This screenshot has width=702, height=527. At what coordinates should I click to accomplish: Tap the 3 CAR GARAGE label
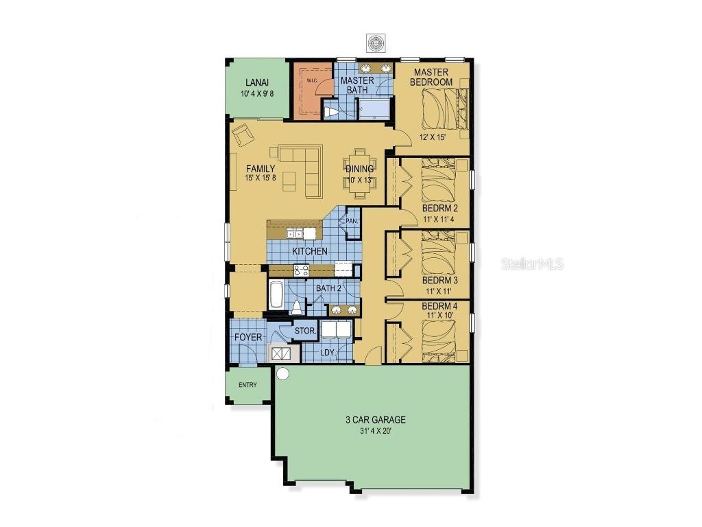375,420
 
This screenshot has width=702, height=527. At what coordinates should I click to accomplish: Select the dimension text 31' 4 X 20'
375,431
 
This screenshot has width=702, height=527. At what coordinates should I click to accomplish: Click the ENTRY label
247,385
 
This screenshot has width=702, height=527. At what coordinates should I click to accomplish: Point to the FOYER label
247,338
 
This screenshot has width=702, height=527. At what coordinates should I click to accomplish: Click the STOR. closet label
304,331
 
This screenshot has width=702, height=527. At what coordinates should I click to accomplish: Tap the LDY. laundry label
328,353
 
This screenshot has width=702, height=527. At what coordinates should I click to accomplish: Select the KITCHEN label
310,251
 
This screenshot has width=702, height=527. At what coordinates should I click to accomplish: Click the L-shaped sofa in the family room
302,168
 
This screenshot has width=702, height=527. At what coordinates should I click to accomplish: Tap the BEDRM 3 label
439,281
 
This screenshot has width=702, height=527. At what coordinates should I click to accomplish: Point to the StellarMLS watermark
532,263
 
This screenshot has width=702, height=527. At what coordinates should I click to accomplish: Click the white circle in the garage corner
282,374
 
